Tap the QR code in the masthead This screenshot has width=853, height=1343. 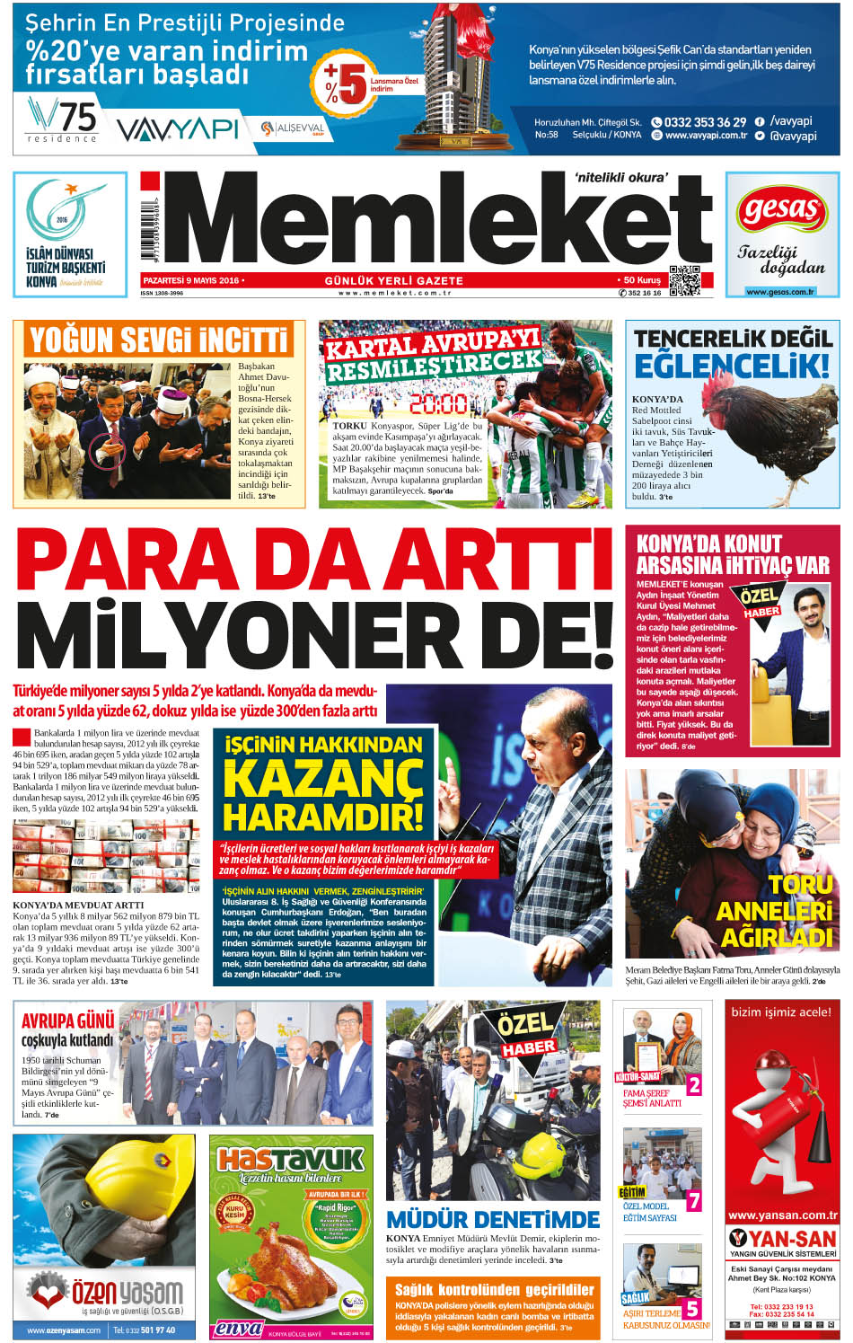pos(684,281)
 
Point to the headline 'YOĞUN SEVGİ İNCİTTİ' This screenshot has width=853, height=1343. pos(159,340)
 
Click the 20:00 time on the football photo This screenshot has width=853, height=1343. pos(438,403)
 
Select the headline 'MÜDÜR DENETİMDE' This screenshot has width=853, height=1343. pos(492,1219)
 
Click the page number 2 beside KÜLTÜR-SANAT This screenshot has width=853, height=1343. pos(693,1085)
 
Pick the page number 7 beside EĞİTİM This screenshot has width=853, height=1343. pos(693,1200)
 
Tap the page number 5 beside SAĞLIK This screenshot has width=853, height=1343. pos(691,1309)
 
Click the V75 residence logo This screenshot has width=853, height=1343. pos(61,120)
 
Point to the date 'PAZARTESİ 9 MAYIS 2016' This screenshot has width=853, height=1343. pos(191,280)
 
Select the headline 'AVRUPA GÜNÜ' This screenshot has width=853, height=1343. pos(68,1021)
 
